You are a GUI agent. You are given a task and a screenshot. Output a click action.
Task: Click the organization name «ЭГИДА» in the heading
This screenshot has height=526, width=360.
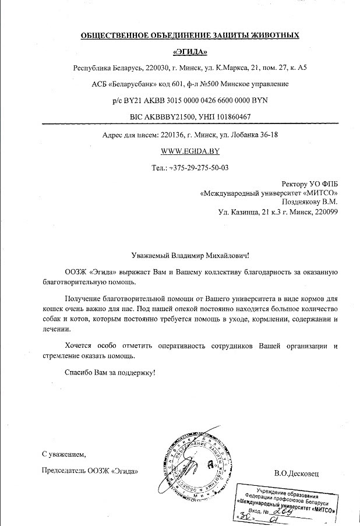[190, 51]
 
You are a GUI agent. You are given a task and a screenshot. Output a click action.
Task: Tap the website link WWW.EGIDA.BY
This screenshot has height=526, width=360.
[190, 151]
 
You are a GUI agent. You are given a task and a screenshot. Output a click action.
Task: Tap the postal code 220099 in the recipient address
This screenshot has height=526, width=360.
[324, 212]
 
